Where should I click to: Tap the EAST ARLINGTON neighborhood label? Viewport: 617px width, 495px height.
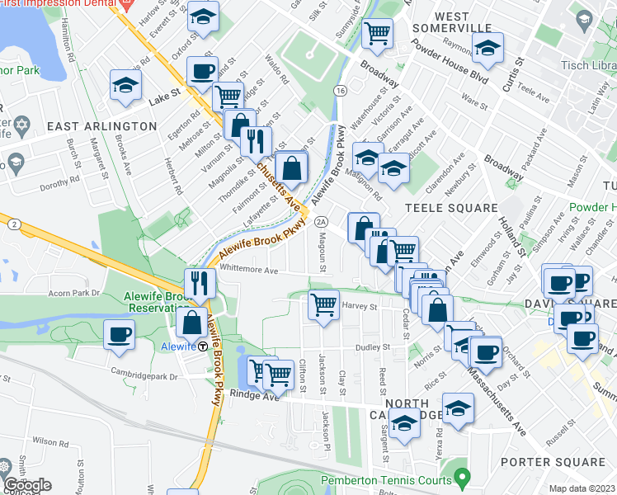tap(101, 126)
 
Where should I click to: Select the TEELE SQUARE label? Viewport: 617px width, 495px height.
tap(450, 208)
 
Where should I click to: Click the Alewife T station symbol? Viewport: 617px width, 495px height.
tap(203, 346)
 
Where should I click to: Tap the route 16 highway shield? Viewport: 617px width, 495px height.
tap(339, 89)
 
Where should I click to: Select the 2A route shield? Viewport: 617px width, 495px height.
tap(322, 221)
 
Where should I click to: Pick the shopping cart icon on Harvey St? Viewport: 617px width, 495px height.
tap(323, 304)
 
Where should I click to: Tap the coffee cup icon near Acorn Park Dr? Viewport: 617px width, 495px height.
tap(120, 334)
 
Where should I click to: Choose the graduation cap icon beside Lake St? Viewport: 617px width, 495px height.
tap(125, 85)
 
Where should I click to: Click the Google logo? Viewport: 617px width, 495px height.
tap(26, 485)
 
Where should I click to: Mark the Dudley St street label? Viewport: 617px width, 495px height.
tap(372, 347)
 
